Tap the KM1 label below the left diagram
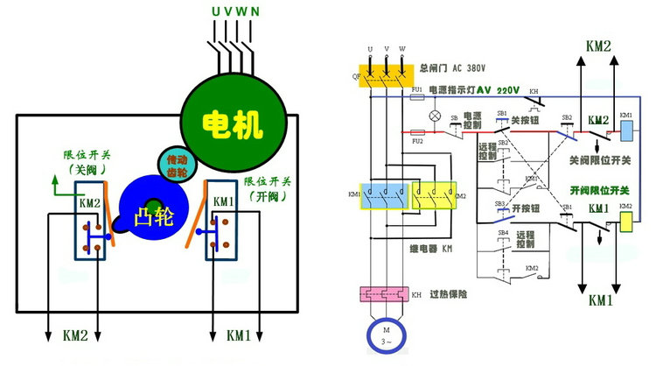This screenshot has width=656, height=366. click(240, 335)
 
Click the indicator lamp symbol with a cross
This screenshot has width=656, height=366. click(431, 116)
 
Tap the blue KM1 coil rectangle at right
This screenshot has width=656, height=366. click(626, 130)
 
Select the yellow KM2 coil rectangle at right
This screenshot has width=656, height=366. click(626, 222)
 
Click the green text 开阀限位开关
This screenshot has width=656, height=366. click(601, 190)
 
